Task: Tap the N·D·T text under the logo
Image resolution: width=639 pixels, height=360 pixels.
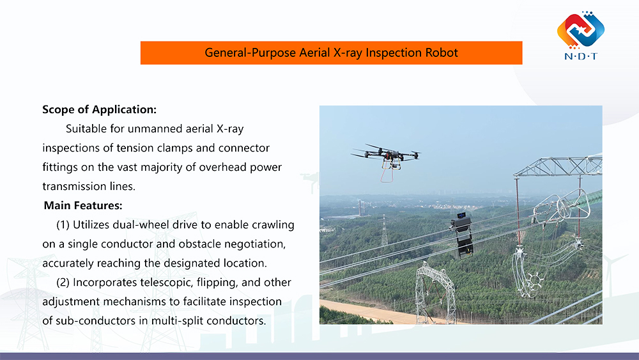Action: coord(580,56)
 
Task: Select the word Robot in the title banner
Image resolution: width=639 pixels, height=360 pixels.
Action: coord(442,52)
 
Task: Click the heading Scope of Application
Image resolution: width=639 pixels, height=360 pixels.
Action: coord(99,109)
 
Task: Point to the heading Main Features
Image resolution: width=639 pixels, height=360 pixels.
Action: coord(83,206)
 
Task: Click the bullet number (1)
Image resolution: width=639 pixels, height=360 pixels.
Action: coord(63,224)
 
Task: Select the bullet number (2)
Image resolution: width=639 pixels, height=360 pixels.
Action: coord(63,282)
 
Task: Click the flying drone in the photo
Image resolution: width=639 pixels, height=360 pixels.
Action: coord(386,153)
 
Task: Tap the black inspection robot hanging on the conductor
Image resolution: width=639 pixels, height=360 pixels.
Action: coord(463,235)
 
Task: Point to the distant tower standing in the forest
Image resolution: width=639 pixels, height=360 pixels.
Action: coord(384,230)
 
